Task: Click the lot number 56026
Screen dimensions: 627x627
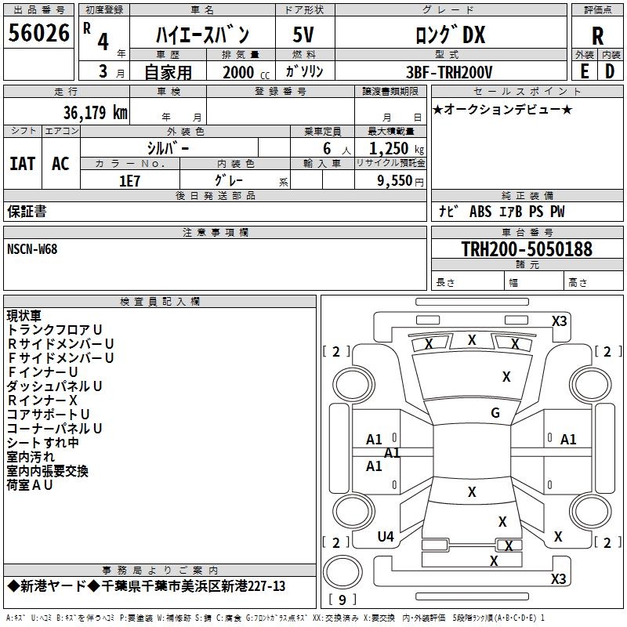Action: coord(38,34)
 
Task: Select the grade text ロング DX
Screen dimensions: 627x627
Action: coord(450,35)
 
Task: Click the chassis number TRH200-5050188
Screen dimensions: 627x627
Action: coord(526,250)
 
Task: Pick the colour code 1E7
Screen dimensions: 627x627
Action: coord(129,179)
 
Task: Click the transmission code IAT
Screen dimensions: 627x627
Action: coord(22,163)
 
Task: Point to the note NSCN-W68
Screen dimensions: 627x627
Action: coord(32,249)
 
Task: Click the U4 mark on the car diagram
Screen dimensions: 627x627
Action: coord(386,537)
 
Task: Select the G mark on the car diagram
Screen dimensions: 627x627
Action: coord(495,413)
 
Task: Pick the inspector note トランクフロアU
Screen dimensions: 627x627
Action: coord(55,330)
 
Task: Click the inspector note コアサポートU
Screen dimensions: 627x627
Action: coord(49,415)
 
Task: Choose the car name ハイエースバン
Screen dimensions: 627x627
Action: coord(202,35)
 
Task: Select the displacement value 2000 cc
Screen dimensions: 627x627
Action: coord(240,73)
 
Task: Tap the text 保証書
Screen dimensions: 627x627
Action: coord(27,212)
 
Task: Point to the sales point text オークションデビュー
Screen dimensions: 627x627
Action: coord(502,109)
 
